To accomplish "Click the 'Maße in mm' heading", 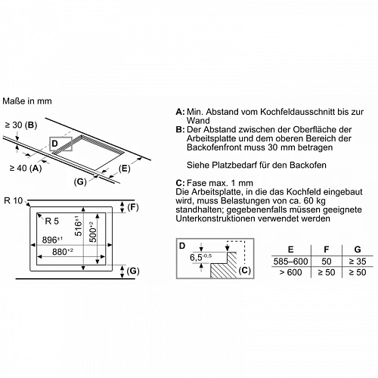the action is (x=27, y=101).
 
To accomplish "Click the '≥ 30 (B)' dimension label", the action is (x=21, y=125).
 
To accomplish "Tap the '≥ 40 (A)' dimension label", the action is (x=26, y=168).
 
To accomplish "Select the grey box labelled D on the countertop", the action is (x=61, y=144).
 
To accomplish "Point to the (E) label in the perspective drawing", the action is (x=124, y=169).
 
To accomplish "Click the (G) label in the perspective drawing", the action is (x=80, y=181).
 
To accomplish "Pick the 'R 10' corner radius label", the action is (x=14, y=200).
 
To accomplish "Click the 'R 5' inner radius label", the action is (x=51, y=221).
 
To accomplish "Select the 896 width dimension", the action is (x=52, y=240).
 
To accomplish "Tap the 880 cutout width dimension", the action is (x=63, y=252).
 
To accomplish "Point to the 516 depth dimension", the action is (x=79, y=226).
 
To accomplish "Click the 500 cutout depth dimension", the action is (x=93, y=232).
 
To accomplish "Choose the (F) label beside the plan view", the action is (x=133, y=207).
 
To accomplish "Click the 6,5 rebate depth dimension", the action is (x=200, y=257).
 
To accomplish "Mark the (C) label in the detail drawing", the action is (x=244, y=270).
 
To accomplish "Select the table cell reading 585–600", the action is (x=290, y=262).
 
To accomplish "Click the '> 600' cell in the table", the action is (x=290, y=272).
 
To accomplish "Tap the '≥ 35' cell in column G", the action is (x=358, y=262).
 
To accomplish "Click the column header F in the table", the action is (x=327, y=249).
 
